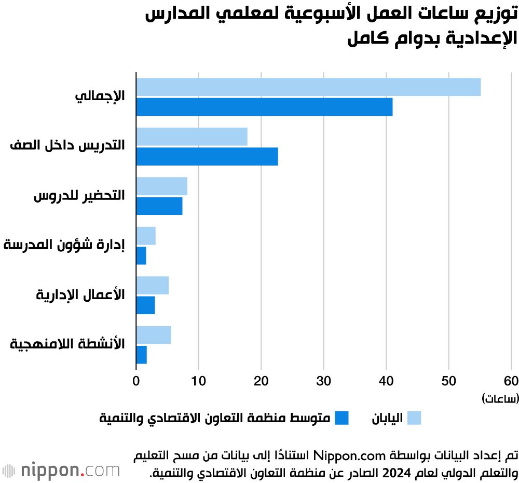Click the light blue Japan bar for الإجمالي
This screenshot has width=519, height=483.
(x=308, y=87)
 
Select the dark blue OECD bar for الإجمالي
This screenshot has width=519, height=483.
(x=264, y=107)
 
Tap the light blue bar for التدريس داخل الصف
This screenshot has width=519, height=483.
(x=192, y=137)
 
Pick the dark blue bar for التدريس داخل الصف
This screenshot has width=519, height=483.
(x=207, y=156)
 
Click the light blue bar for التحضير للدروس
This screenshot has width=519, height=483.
(x=161, y=186)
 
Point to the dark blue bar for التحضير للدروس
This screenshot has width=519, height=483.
(x=159, y=206)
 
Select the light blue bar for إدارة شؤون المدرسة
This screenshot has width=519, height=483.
(x=146, y=236)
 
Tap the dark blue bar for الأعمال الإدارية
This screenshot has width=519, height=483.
(x=145, y=305)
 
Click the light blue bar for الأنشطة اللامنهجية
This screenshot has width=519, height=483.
(x=154, y=335)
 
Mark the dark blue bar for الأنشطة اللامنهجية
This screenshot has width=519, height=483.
(x=141, y=355)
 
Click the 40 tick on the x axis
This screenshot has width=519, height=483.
(x=386, y=381)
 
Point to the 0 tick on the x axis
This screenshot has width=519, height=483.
(x=136, y=381)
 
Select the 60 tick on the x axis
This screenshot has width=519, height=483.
(x=511, y=381)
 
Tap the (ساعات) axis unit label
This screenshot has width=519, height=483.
(x=499, y=398)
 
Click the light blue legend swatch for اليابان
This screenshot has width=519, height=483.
(x=414, y=418)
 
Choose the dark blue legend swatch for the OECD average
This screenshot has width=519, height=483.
(x=341, y=418)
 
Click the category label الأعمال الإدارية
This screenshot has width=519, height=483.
(x=80, y=295)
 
